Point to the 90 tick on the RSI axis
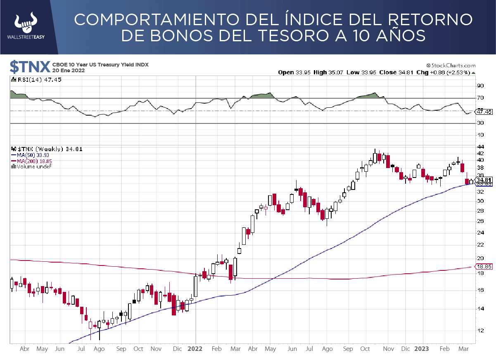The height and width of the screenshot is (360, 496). coord(480,86)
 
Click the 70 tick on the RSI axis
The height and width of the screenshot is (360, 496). coord(480,98)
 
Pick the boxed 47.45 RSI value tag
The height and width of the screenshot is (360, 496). coord(484,111)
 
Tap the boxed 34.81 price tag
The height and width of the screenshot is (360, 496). coord(483,180)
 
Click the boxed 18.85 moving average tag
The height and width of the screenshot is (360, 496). coord(484,267)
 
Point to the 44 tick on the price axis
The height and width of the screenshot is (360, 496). coord(480,147)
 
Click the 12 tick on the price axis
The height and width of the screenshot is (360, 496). coord(480,330)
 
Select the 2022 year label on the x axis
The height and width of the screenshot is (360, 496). coord(195,349)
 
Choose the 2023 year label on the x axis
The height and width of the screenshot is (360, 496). coord(422,349)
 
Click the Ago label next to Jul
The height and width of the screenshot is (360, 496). coord(99,349)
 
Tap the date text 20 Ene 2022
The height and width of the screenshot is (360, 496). coord(69,71)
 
